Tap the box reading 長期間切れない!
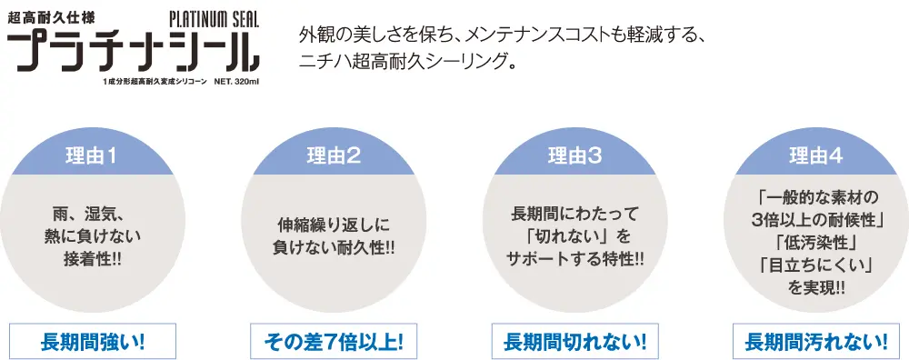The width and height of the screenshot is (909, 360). pos(574,343)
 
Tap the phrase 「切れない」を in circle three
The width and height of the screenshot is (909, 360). pos(574,237)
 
